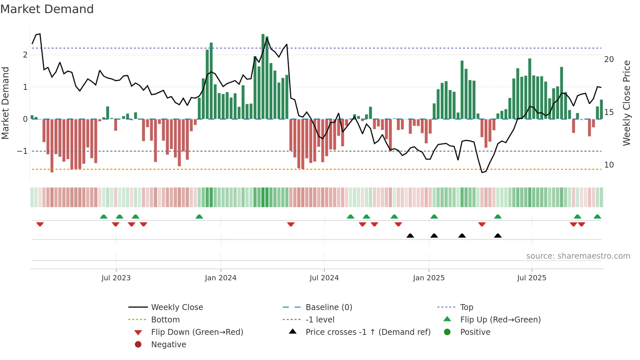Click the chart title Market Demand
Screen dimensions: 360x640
47,9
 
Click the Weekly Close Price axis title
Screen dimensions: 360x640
626,103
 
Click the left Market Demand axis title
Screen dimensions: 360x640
5,103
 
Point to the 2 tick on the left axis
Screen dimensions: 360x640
25,55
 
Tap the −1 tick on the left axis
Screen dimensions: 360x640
23,151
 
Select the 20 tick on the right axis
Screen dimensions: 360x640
609,59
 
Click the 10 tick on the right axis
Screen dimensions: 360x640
609,165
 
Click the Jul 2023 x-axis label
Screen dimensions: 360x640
116,278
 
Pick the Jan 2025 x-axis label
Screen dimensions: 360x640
428,278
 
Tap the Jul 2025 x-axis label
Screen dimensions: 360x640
532,278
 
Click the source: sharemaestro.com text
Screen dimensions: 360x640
578,256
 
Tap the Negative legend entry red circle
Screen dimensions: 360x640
138,345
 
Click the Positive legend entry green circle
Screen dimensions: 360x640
447,332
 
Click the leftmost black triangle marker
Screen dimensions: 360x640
410,236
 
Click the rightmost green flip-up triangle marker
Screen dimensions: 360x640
597,217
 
